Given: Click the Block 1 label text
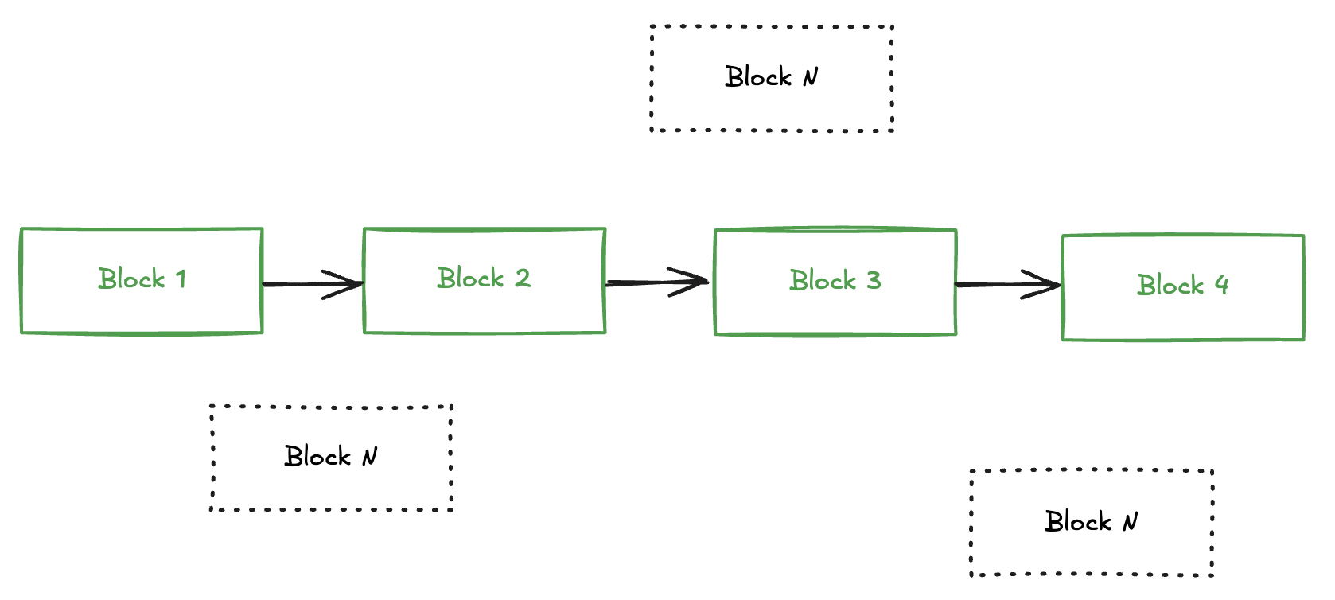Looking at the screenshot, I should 142,279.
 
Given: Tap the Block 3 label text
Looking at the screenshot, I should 835,281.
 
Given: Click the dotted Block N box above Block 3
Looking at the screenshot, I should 771,107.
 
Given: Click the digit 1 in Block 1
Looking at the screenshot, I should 181,279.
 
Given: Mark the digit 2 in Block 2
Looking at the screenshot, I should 523,279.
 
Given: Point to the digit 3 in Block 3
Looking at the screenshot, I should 874,281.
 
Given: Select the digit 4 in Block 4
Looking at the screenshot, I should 1221,285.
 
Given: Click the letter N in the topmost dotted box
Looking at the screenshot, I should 810,77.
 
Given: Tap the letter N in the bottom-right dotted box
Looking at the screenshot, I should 1130,522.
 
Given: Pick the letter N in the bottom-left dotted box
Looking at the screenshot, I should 369,457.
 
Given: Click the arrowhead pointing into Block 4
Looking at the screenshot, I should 1046,284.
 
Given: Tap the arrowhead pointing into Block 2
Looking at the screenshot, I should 348,284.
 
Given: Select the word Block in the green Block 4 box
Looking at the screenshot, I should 1170,286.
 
